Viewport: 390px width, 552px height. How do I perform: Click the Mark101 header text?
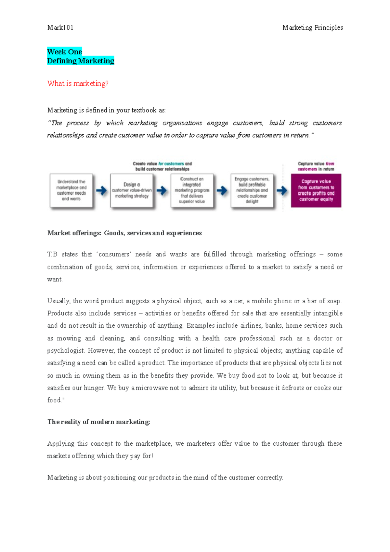(x=60, y=28)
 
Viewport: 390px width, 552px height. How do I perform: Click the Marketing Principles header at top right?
(x=312, y=28)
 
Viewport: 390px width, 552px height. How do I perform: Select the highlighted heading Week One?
(x=64, y=52)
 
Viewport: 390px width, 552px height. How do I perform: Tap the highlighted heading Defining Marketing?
(x=81, y=61)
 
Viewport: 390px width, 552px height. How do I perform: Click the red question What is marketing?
(x=78, y=84)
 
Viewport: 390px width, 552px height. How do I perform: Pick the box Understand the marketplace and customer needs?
(x=71, y=191)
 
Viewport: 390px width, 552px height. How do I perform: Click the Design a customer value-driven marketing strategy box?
(x=132, y=191)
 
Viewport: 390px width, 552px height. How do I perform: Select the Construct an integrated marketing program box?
(x=192, y=191)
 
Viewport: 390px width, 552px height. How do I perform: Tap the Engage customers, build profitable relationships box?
(x=252, y=191)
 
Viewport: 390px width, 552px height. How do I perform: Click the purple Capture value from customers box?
(x=316, y=191)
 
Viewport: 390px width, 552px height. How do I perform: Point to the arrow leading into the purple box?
(x=282, y=191)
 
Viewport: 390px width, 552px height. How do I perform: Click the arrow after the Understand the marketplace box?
(x=101, y=191)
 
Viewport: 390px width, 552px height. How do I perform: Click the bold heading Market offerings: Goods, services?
(x=124, y=233)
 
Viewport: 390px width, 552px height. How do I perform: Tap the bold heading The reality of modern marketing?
(x=98, y=422)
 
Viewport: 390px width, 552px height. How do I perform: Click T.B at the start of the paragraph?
(x=52, y=254)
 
